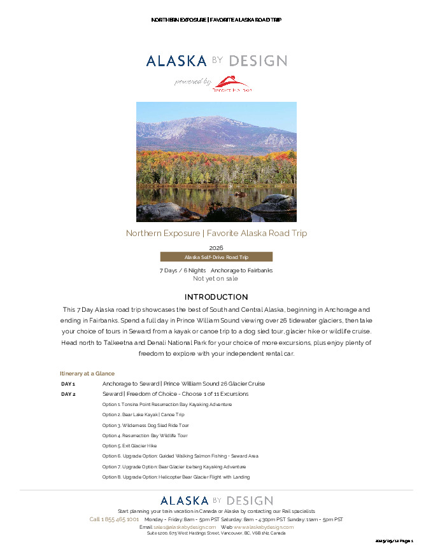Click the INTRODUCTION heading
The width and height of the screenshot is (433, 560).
(216, 297)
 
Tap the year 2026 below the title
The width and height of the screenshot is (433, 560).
(216, 248)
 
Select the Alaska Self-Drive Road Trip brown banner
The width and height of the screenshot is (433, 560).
(216, 257)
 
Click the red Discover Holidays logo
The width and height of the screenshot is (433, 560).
(232, 84)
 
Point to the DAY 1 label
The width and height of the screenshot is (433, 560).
(68, 384)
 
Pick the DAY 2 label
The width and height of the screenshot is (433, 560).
(68, 394)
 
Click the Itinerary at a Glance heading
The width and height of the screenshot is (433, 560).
(87, 374)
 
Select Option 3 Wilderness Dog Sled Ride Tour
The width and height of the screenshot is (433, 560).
(145, 425)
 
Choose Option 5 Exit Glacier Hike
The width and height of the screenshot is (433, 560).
(129, 446)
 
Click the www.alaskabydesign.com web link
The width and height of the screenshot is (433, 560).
(264, 527)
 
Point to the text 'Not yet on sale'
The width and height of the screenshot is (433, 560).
(216, 278)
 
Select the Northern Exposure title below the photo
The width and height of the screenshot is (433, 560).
(216, 233)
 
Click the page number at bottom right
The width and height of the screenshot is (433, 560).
(394, 541)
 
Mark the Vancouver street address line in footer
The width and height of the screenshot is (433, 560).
(216, 533)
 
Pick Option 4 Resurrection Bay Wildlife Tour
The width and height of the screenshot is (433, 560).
(145, 436)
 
